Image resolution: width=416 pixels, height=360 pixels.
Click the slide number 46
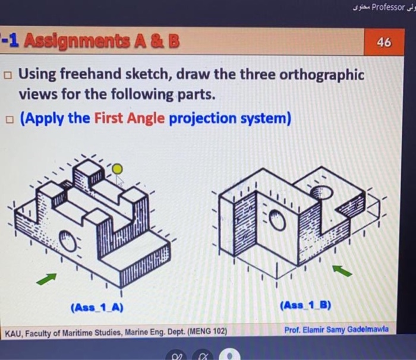click(384, 43)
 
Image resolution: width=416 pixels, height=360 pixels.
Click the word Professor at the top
click(388, 8)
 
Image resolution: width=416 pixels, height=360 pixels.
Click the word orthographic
click(322, 75)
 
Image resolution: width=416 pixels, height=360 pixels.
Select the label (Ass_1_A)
click(97, 308)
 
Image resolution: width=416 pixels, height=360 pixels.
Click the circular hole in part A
click(68, 242)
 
